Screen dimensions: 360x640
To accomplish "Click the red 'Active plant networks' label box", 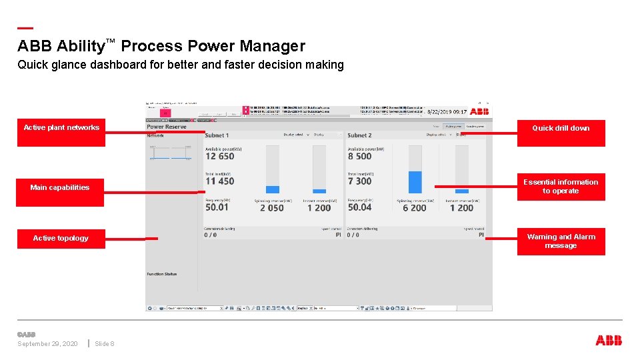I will pos(61,128).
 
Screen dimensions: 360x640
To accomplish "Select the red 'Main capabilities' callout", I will pos(60,188).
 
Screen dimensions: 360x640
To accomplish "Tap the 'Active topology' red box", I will pos(61,238).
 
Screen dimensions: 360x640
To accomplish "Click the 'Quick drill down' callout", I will pos(561,129).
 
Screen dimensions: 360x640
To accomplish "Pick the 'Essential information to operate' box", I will pos(561,187).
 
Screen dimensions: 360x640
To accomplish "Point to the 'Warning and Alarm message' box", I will pos(561,241).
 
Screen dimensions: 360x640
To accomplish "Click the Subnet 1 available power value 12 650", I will pos(220,157).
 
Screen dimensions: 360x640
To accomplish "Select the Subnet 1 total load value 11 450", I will pos(220,181).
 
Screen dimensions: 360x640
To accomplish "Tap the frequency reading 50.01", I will pos(217,207).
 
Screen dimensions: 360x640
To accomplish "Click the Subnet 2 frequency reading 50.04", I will pos(360,207).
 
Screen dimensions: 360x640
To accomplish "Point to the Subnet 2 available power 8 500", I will pos(360,157).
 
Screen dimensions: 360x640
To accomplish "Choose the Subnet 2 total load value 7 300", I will pos(360,181).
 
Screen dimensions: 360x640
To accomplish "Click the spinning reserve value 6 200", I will pos(415,208).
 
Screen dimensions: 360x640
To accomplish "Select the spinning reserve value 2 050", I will pos(272,208).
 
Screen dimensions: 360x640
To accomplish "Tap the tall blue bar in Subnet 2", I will pos(415,182).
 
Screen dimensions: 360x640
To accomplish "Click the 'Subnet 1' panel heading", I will pos(217,135).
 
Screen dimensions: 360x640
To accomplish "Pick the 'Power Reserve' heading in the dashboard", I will pos(167,127).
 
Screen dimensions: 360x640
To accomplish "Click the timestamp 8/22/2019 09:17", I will pos(447,112).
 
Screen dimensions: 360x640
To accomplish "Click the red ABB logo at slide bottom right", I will pos(609,341).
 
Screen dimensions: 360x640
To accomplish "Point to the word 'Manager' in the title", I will pos(272,46).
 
